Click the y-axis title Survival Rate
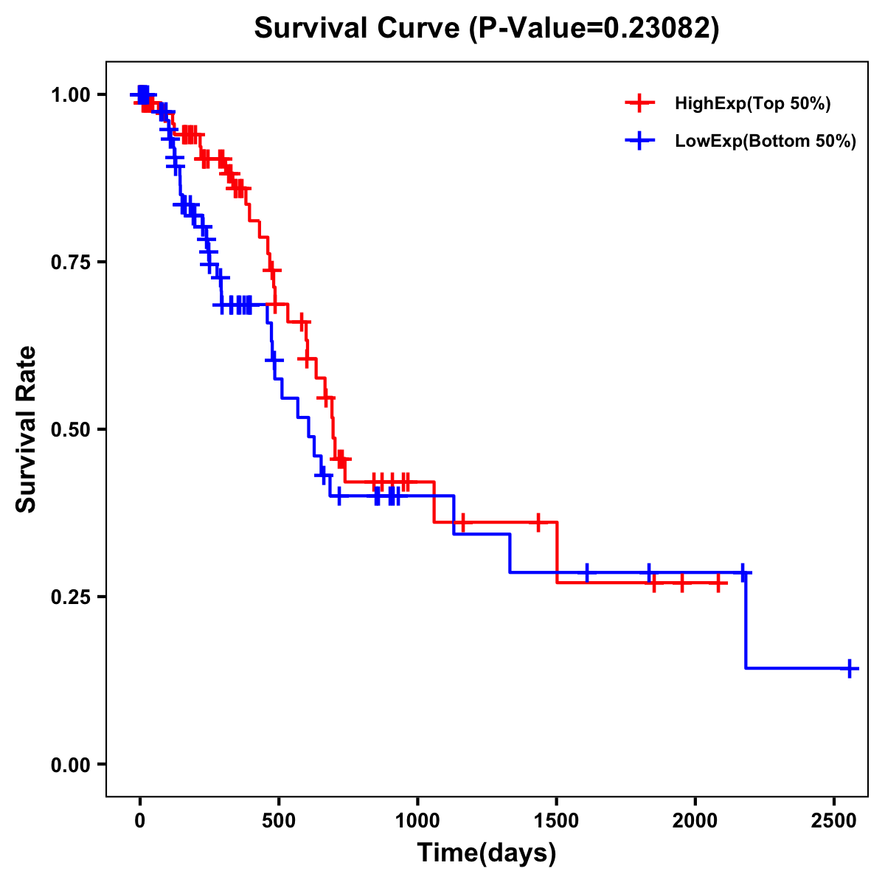pyautogui.click(x=27, y=428)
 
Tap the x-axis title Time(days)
pyautogui.click(x=486, y=853)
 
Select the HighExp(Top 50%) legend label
pyautogui.click(x=753, y=104)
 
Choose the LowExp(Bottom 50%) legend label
pyautogui.click(x=766, y=142)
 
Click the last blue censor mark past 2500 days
pyautogui.click(x=850, y=668)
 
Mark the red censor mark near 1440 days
pyautogui.click(x=538, y=521)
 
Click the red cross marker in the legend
pyautogui.click(x=639, y=104)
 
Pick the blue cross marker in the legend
pyautogui.click(x=639, y=142)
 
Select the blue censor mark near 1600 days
pyautogui.click(x=587, y=572)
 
